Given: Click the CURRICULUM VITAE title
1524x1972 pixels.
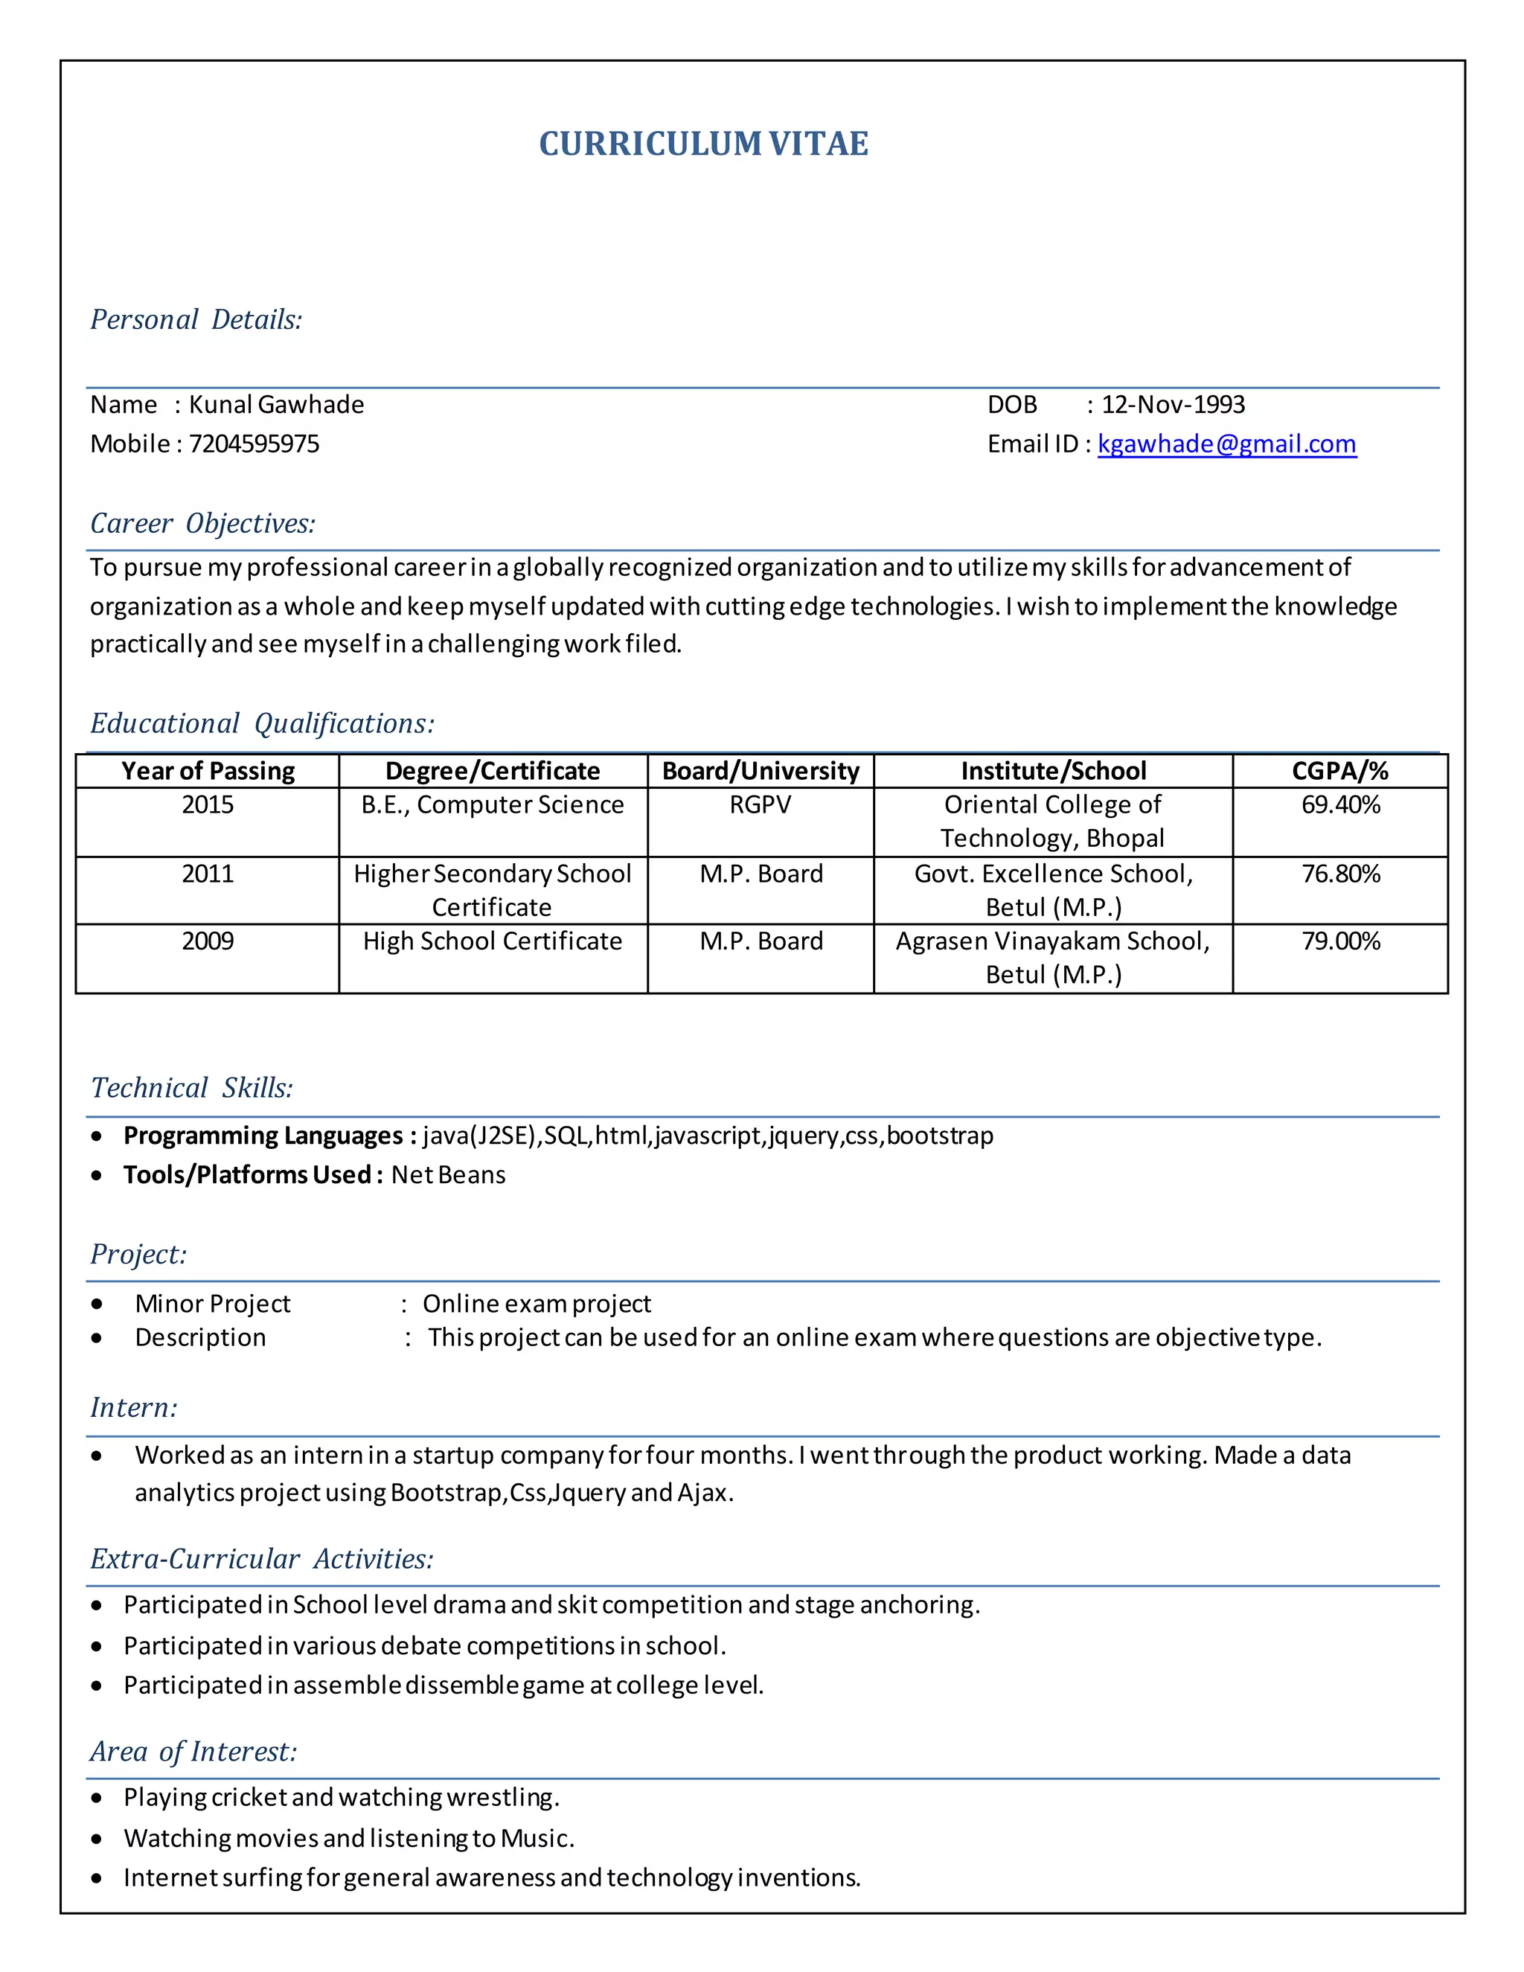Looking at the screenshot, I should pyautogui.click(x=703, y=144).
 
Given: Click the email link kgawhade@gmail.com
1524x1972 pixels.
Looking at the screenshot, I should pyautogui.click(x=1226, y=444).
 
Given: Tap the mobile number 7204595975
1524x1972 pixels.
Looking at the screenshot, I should pyautogui.click(x=254, y=444).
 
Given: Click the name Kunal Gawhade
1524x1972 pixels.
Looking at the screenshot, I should pyautogui.click(x=276, y=405).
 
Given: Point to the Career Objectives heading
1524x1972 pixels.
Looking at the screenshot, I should pyautogui.click(x=203, y=524).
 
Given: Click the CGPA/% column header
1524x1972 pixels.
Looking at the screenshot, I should pyautogui.click(x=1339, y=771).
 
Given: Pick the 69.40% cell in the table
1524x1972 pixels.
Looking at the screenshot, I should pyautogui.click(x=1339, y=804).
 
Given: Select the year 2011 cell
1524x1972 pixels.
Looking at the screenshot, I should pyautogui.click(x=208, y=874).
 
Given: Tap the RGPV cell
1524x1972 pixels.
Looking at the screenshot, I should pyautogui.click(x=761, y=804).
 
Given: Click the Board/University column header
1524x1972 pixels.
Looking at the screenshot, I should pyautogui.click(x=761, y=771).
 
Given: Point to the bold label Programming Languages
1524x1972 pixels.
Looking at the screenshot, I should pyautogui.click(x=263, y=1136).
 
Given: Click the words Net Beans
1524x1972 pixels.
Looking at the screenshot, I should pyautogui.click(x=448, y=1175).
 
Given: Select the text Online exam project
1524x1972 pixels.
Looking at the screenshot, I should pyautogui.click(x=537, y=1304).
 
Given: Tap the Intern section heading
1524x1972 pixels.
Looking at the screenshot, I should pyautogui.click(x=134, y=1408).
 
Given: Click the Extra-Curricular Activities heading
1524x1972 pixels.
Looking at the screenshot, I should pyautogui.click(x=262, y=1559).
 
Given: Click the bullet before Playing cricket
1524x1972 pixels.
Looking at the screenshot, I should pyautogui.click(x=97, y=1798).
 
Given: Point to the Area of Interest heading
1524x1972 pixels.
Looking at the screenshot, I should pyautogui.click(x=193, y=1752).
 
